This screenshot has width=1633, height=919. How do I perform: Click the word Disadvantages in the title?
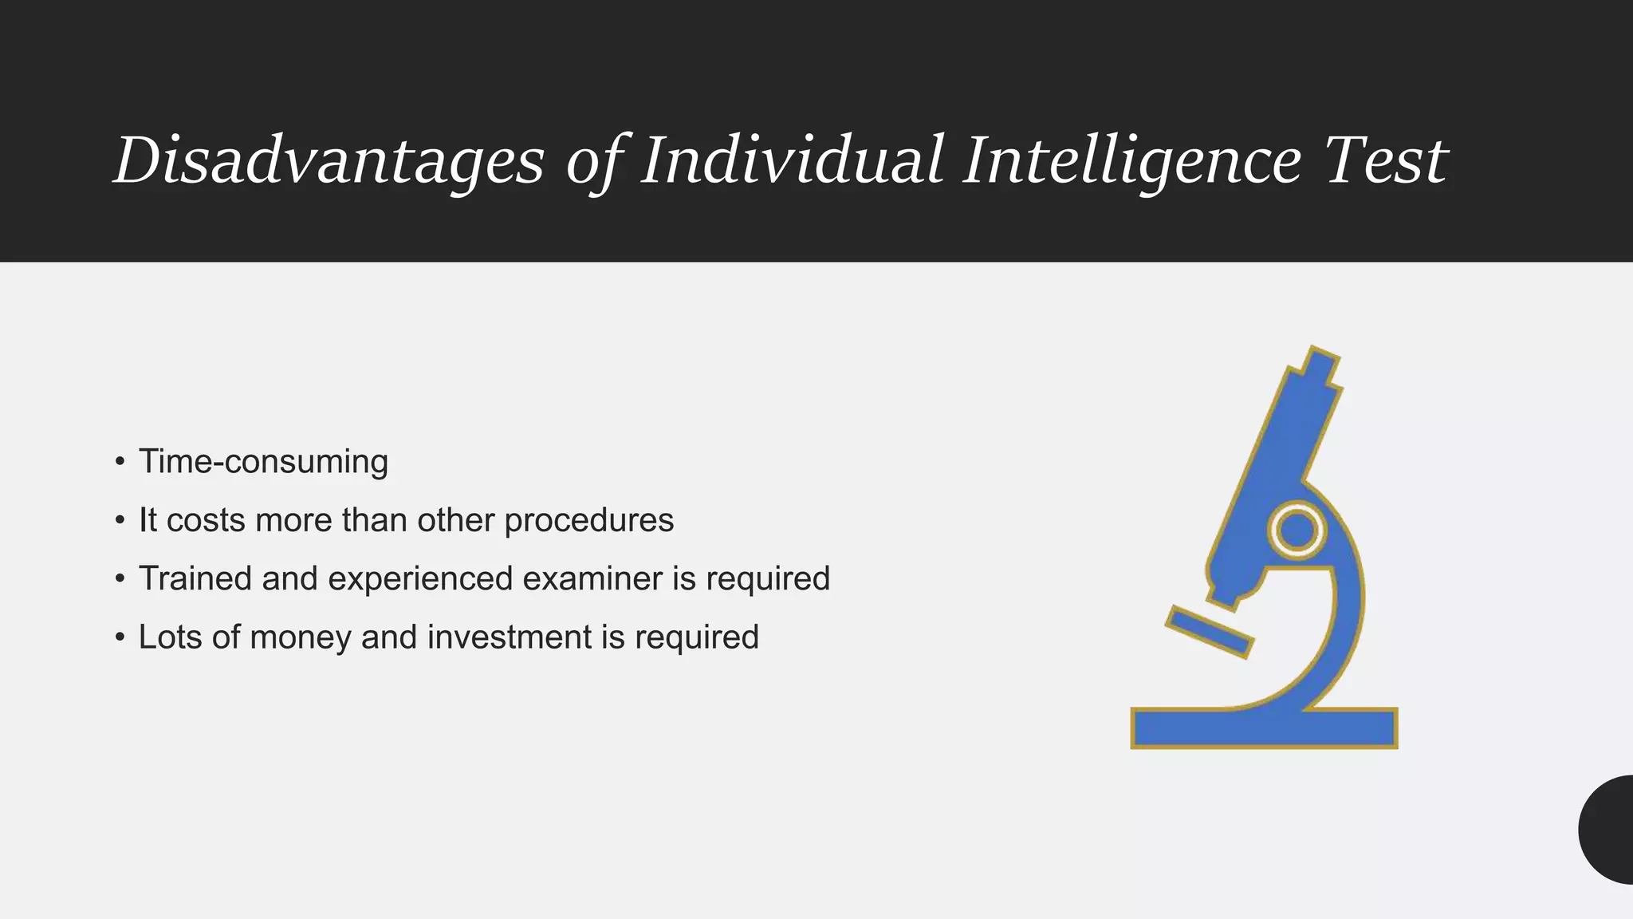pyautogui.click(x=329, y=161)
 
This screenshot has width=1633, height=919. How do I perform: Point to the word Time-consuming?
pyautogui.click(x=263, y=462)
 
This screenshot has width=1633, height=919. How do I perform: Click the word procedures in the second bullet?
pyautogui.click(x=588, y=521)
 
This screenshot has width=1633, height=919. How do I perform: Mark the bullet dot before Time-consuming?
pyautogui.click(x=120, y=462)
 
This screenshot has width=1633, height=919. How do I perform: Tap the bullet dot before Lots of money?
pyautogui.click(x=120, y=637)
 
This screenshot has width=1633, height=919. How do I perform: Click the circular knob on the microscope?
pyautogui.click(x=1297, y=530)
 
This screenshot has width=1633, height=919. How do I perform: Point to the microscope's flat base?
pyautogui.click(x=1264, y=728)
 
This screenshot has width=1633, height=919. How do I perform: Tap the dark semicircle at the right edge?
pyautogui.click(x=1609, y=830)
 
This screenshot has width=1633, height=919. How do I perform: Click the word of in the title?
pyautogui.click(x=592, y=161)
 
